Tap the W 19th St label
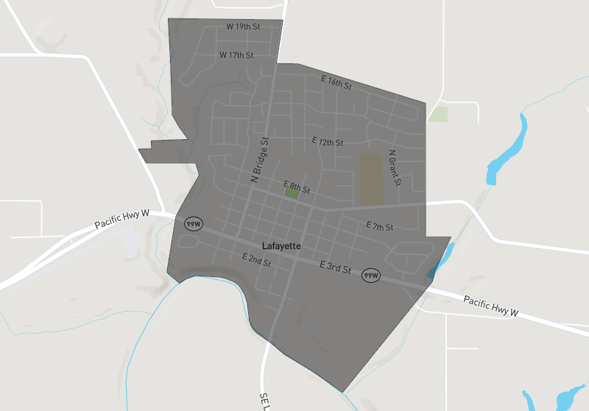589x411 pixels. click(x=243, y=27)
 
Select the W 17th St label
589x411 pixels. click(x=236, y=55)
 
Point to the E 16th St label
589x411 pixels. click(x=336, y=82)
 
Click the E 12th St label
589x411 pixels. click(x=328, y=141)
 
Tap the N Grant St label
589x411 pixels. click(x=395, y=168)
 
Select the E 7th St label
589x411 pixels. click(x=380, y=226)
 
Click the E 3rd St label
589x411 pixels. click(x=335, y=267)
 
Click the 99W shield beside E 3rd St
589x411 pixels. click(x=370, y=275)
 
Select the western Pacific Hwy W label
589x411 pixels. click(x=122, y=219)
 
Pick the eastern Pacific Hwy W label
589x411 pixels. click(x=491, y=306)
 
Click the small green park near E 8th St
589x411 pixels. click(x=292, y=194)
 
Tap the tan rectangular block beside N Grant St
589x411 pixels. click(x=372, y=179)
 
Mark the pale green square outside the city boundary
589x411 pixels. click(x=439, y=114)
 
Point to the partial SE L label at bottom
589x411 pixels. click(x=264, y=401)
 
